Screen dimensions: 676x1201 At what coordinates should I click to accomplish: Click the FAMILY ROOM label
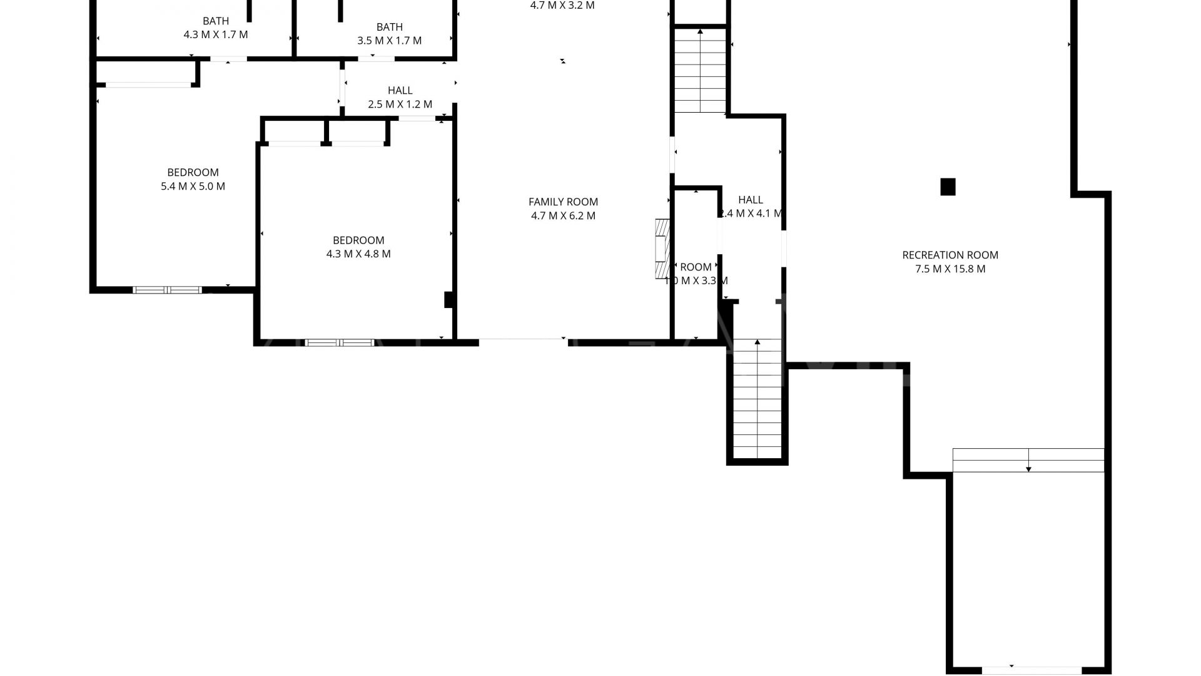coord(563,202)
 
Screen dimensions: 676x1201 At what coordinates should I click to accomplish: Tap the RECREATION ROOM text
coord(950,255)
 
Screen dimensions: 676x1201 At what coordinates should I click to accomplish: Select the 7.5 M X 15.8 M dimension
coord(950,269)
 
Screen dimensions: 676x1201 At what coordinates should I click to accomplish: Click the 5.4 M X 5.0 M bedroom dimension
coord(193,187)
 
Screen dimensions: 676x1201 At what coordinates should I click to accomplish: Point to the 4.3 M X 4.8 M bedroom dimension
coord(358,254)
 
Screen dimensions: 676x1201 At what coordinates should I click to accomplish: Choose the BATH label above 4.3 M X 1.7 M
coord(216,21)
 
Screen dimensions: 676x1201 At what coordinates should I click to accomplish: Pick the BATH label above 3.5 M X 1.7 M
coord(389,27)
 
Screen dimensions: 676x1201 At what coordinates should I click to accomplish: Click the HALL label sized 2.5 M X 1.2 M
coord(400,91)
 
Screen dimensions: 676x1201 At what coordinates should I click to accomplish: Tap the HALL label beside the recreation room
coord(750,200)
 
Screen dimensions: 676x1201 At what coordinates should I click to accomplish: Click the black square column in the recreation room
coord(948,187)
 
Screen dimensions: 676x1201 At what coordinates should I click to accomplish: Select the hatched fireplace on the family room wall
coord(662,248)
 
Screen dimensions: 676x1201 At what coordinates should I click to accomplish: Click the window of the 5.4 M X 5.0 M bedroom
coord(167,290)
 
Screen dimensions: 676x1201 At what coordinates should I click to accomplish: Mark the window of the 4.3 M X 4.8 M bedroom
coord(339,342)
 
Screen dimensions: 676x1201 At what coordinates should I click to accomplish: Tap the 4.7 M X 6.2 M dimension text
coord(563,216)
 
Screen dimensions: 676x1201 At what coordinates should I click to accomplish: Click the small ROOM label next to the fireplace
coord(696,267)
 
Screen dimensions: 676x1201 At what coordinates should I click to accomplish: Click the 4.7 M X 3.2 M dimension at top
coord(562,6)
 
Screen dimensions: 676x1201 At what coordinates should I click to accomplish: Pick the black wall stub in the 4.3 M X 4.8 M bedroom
coord(448,300)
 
